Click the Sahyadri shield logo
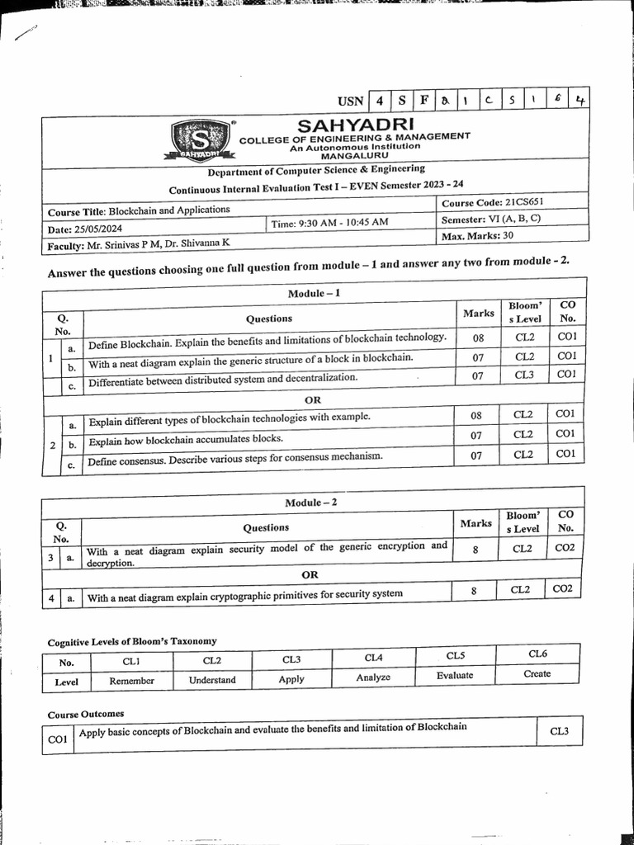(198, 140)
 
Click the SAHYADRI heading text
(352, 125)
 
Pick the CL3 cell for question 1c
(524, 375)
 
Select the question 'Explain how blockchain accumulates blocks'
(186, 438)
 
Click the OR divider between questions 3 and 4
(310, 574)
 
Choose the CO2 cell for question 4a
(563, 589)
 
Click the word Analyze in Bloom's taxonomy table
(373, 677)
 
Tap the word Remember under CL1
(131, 681)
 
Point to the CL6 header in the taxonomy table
(537, 654)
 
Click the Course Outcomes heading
(86, 714)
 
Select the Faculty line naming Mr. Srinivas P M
(140, 245)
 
